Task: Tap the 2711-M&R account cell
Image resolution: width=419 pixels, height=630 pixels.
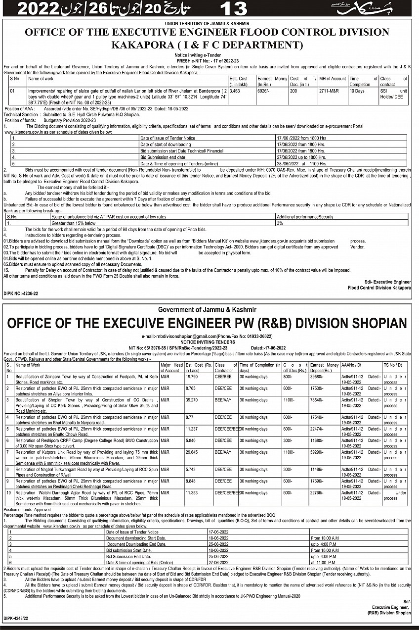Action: (x=330, y=91)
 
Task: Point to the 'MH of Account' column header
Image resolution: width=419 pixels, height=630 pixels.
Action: (x=333, y=79)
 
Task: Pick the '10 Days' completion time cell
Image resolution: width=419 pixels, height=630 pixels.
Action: (x=356, y=91)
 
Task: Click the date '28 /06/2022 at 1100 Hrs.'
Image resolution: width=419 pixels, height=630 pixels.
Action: (x=301, y=163)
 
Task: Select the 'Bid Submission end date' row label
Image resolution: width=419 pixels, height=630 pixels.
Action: (x=163, y=156)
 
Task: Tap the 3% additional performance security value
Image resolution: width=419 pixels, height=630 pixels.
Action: (x=280, y=223)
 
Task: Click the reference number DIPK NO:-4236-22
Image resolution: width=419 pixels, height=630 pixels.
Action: (x=21, y=293)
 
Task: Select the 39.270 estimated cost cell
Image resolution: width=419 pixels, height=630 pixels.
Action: (x=192, y=399)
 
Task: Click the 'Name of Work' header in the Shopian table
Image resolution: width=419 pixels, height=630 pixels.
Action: (x=28, y=365)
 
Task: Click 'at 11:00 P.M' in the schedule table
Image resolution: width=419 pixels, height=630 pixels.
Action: (x=324, y=562)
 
